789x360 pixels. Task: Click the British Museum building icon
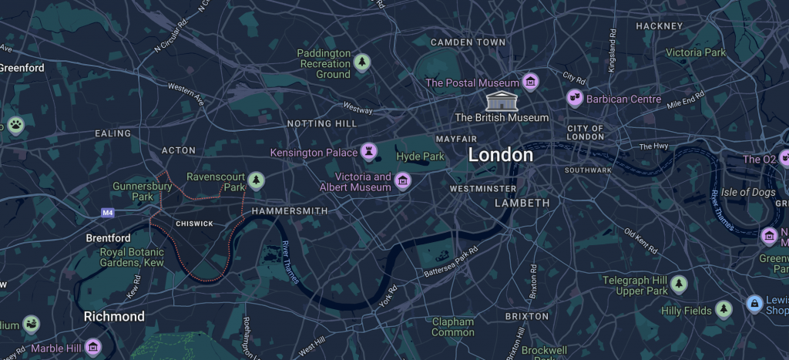tap(502, 100)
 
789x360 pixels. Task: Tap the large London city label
tap(500, 155)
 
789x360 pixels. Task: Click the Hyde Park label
tap(420, 156)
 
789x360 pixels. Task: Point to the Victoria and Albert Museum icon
tap(401, 180)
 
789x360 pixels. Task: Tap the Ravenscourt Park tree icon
tap(256, 180)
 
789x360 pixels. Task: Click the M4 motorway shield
tap(107, 211)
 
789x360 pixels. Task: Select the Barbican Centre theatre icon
tap(574, 98)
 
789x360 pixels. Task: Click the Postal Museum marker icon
tap(530, 82)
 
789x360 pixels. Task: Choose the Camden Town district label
tap(468, 42)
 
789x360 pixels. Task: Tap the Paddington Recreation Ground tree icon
tap(362, 62)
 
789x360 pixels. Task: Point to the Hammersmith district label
tap(289, 210)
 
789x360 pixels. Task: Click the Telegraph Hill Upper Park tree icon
tap(678, 284)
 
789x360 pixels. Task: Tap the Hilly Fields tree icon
tap(723, 310)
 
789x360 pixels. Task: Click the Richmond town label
tap(114, 317)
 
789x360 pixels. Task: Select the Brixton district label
tap(527, 316)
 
